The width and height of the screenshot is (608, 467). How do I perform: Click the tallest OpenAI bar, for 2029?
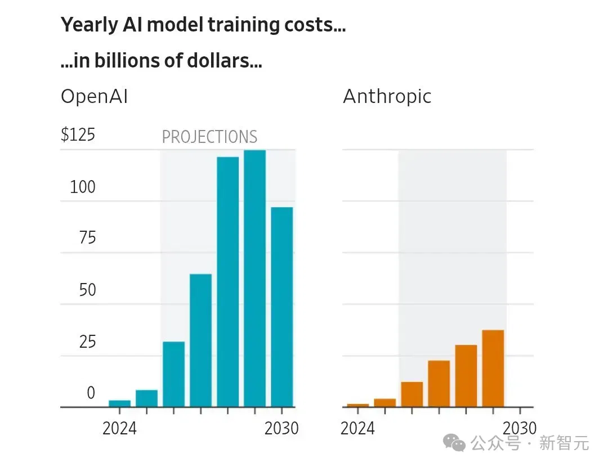255,279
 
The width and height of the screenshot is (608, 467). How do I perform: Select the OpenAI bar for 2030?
282,307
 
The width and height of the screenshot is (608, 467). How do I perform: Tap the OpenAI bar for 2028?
227,282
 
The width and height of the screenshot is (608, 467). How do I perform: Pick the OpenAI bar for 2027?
201,340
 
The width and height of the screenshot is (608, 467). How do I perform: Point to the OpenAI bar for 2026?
174,374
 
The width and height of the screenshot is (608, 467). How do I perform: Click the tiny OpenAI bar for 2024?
120,403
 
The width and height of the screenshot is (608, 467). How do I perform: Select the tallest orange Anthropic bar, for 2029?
493,368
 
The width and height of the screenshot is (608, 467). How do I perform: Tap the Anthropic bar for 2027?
439,384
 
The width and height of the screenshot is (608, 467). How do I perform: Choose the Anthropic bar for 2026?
412,394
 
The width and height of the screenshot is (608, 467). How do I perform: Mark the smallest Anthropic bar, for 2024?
358,405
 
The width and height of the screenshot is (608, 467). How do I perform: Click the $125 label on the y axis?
78,135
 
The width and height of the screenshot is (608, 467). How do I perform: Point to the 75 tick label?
87,237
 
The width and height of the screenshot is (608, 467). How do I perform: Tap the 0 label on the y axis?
91,393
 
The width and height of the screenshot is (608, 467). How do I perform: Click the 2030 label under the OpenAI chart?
281,429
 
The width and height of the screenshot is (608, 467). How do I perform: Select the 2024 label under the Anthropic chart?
357,429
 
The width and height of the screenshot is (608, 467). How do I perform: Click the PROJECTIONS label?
209,137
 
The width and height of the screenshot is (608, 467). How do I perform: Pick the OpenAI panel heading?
94,96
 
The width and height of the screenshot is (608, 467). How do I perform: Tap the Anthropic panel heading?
387,97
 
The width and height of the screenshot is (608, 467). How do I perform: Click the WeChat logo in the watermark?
454,443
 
